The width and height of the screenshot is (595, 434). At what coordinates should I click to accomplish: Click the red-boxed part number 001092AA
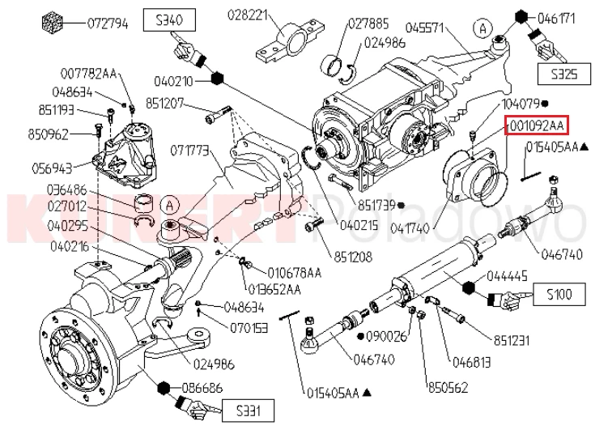pos(536,125)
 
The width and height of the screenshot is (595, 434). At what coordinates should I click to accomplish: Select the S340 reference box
pos(169,20)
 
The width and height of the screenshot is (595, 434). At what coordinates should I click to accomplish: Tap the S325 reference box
pos(564,74)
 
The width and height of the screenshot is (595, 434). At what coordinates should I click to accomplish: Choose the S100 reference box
pos(559,294)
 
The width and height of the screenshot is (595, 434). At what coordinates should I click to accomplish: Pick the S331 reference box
pos(248,411)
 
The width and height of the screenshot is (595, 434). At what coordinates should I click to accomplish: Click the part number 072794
pos(108,24)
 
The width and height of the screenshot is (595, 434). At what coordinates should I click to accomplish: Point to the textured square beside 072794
pos(52,23)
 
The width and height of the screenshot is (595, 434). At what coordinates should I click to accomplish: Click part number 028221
pos(248,15)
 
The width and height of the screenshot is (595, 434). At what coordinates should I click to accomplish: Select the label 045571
pos(425,28)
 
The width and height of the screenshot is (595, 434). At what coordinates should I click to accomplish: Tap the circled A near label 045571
pos(482,28)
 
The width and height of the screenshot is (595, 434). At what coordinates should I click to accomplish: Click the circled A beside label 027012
pos(170,206)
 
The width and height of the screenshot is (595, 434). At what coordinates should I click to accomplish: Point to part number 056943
pos(52,168)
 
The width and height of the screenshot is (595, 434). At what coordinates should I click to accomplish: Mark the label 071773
pos(189,151)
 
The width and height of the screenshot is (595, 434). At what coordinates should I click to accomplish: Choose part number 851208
pos(353,257)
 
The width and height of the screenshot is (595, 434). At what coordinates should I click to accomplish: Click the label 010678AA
pos(295,273)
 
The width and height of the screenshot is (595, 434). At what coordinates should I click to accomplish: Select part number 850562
pos(448,388)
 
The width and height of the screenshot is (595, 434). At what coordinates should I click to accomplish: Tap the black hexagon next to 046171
pos(521,18)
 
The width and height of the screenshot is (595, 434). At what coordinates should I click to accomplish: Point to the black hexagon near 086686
pos(164,388)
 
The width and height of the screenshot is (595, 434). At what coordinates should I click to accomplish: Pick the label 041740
pos(410,228)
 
